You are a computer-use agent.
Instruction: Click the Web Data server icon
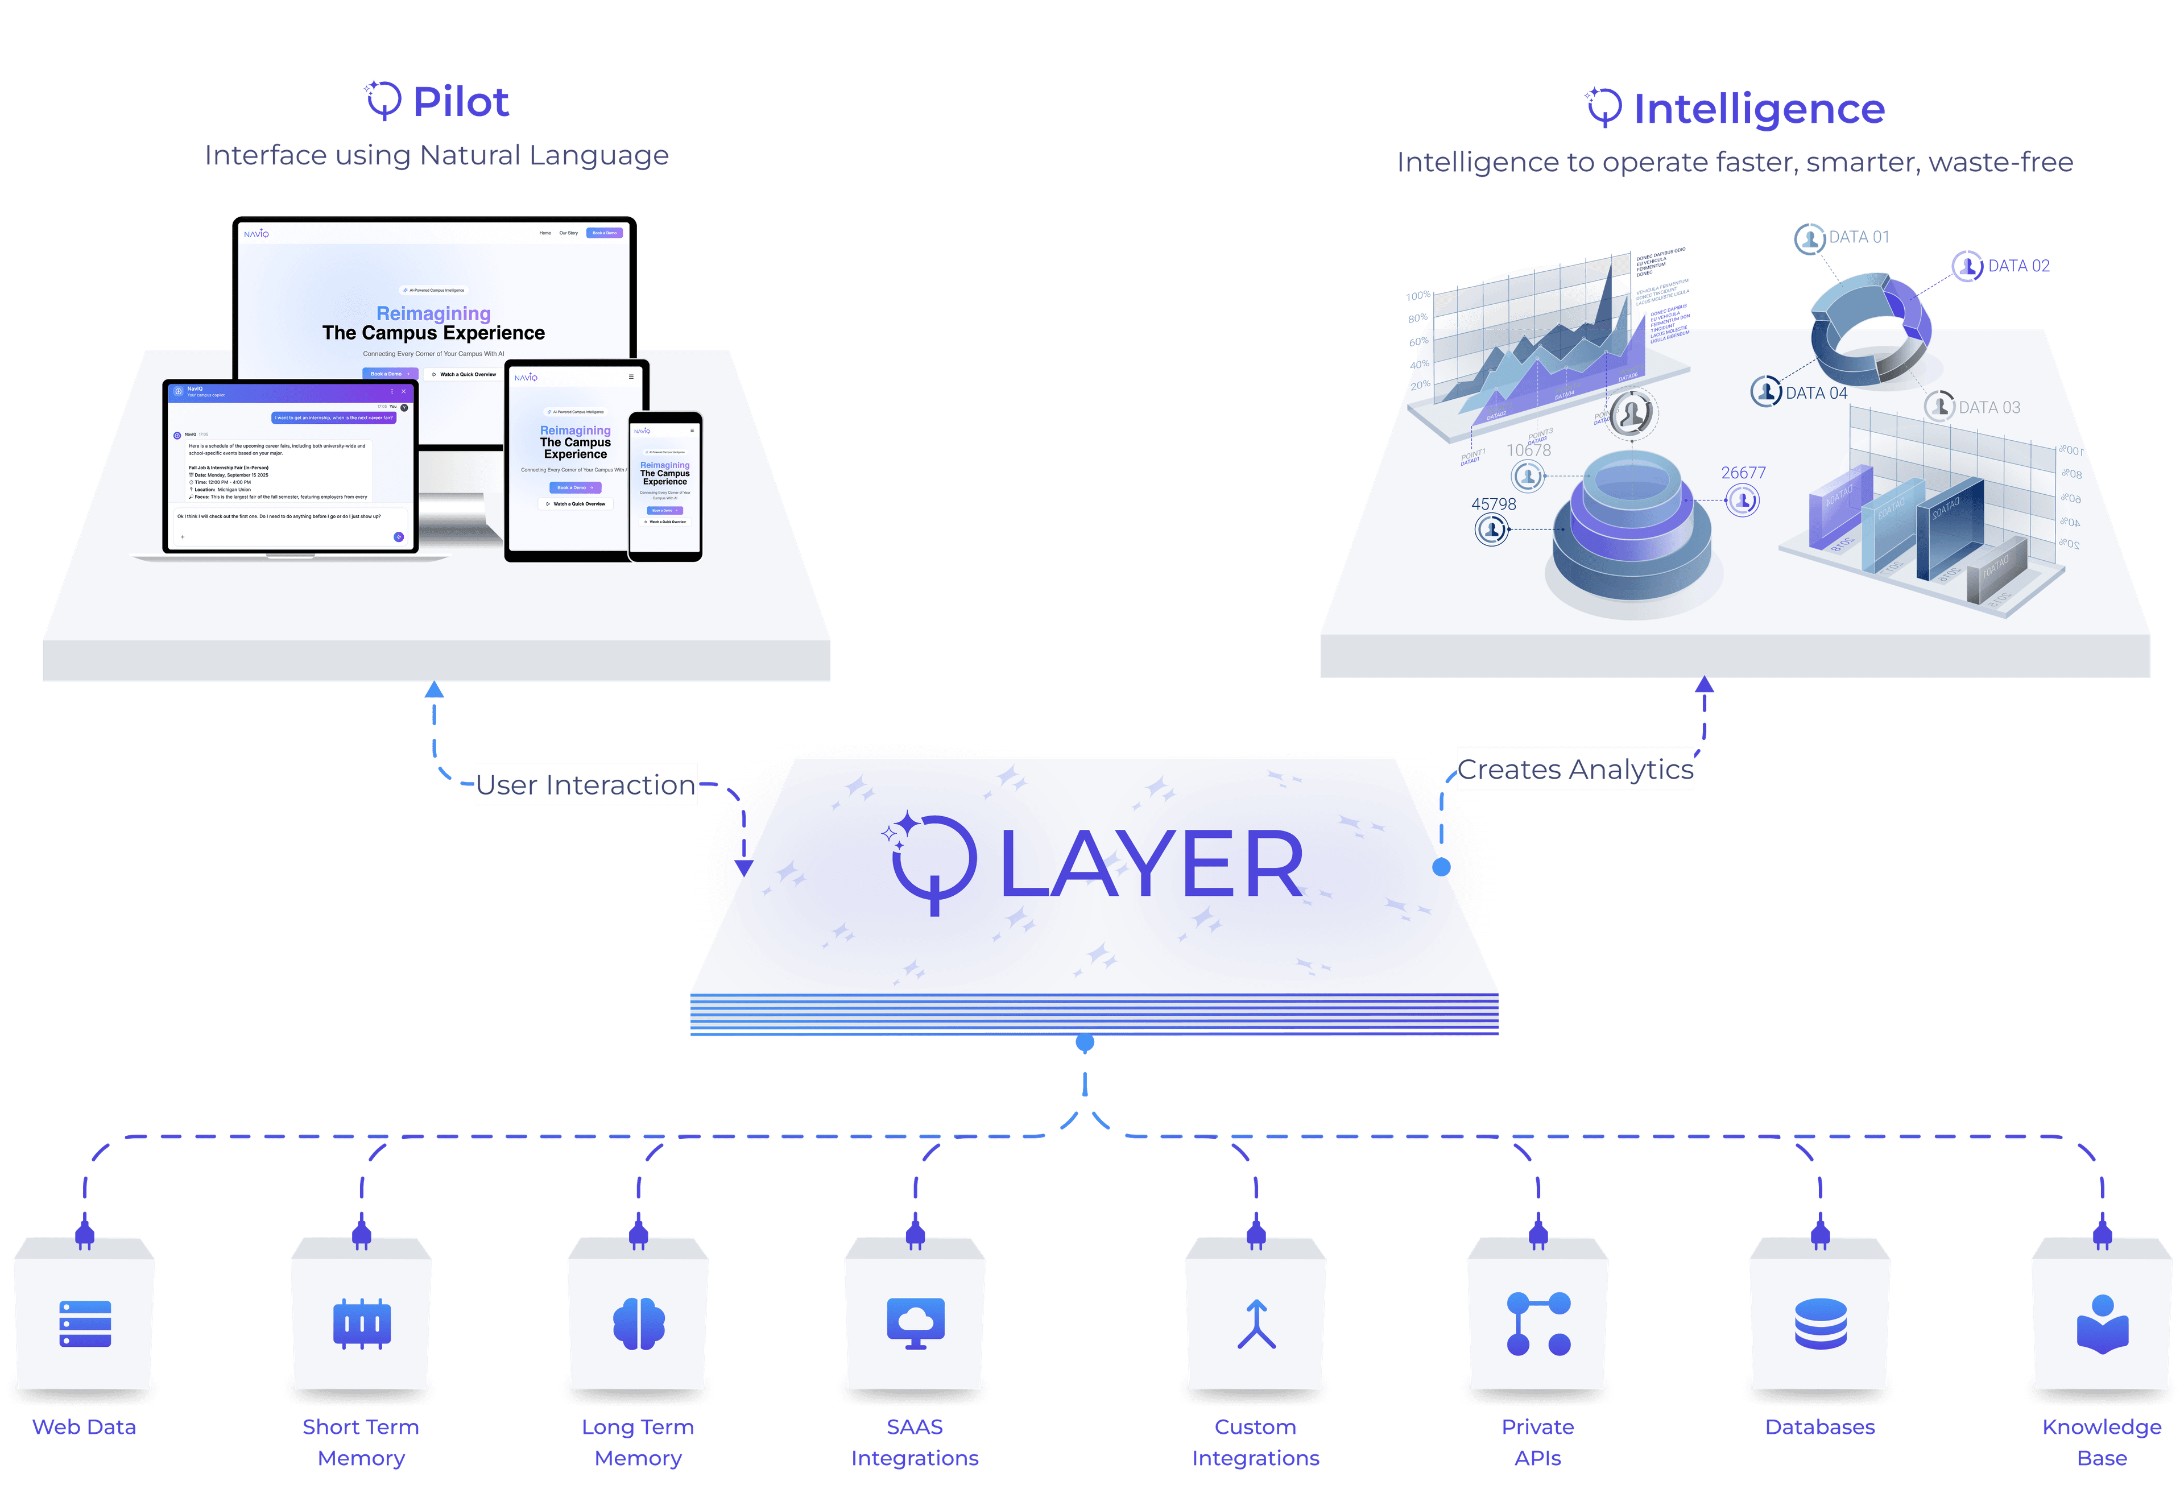coord(85,1323)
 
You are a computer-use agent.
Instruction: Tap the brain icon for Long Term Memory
coord(639,1323)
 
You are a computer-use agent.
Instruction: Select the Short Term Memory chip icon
coord(362,1323)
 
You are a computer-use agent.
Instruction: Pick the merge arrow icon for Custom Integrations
coord(1256,1323)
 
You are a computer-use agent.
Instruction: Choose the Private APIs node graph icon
coord(1538,1323)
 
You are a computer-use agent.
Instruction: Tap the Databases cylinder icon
coord(1821,1323)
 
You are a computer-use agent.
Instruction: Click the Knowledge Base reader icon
coord(2102,1323)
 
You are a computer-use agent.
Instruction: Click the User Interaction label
coord(585,785)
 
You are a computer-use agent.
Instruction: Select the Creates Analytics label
coord(1575,769)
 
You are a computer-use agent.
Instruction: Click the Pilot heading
coord(461,101)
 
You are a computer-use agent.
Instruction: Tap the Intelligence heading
coord(1758,109)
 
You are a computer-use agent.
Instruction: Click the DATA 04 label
coord(1815,393)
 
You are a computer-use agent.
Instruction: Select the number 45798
coord(1494,504)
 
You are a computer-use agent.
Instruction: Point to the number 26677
coord(1743,473)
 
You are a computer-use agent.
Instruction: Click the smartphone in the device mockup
coord(665,487)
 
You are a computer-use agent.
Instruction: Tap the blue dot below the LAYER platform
coord(1085,1043)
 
